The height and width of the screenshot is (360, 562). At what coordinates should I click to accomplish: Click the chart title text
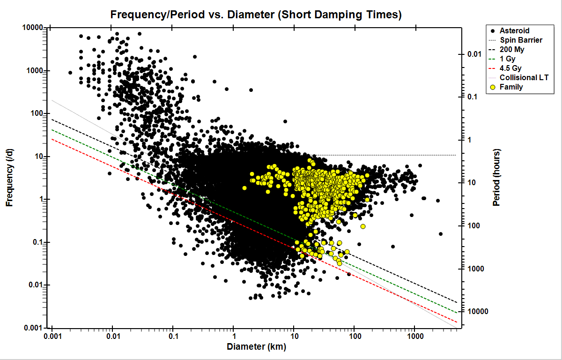coord(256,15)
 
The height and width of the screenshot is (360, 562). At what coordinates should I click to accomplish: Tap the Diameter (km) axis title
coord(256,347)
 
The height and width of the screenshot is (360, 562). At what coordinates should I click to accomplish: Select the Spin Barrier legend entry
coord(521,40)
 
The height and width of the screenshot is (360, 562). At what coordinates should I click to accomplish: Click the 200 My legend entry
coord(513,49)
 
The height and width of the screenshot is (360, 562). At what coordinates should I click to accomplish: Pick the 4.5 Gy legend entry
coord(512,68)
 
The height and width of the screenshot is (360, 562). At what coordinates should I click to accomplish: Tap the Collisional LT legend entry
coord(524,77)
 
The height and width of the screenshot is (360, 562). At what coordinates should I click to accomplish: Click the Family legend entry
coord(511,87)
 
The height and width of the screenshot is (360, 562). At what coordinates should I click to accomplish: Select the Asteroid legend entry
coord(514,30)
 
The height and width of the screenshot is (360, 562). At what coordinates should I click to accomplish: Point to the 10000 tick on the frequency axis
coord(33,28)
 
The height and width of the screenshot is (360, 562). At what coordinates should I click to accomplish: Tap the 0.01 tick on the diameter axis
coord(112,337)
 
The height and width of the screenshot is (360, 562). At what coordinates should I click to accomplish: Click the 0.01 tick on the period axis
coord(475,54)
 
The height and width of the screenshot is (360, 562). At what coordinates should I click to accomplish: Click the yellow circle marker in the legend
coord(492,87)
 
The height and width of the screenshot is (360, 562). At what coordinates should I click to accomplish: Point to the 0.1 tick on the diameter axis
coord(173,337)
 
